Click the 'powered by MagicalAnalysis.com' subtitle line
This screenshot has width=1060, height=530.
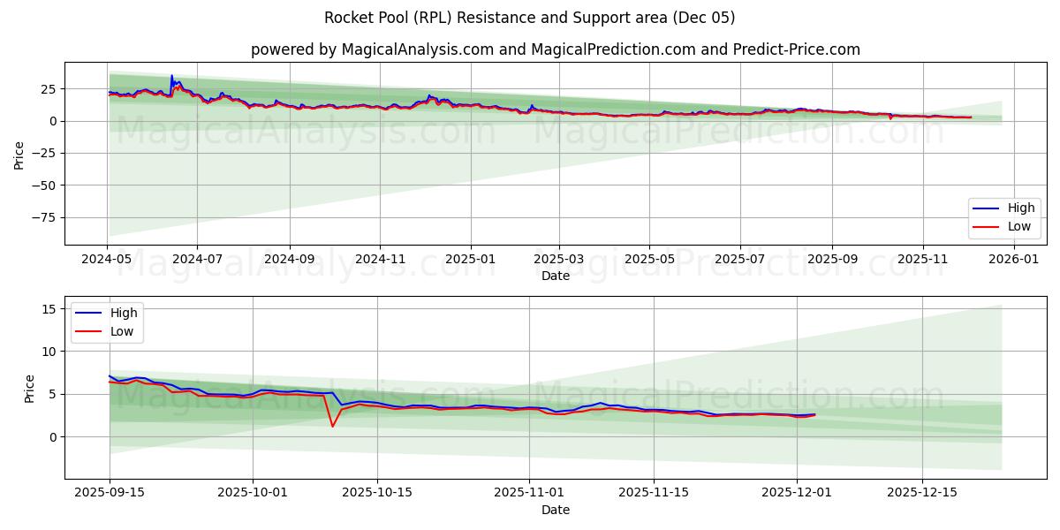(555, 49)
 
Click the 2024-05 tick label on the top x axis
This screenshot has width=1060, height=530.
(107, 261)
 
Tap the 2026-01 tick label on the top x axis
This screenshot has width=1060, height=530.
(1013, 261)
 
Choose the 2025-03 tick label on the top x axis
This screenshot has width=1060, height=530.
(558, 261)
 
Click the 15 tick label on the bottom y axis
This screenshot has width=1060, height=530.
(49, 308)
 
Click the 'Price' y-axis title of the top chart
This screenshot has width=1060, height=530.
(19, 154)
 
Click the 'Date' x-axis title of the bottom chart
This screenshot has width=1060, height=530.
(555, 511)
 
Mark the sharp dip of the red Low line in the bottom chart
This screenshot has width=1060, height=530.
(332, 426)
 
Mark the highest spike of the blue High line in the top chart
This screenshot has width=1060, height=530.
(171, 76)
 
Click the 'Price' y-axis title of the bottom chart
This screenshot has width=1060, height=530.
(30, 389)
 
